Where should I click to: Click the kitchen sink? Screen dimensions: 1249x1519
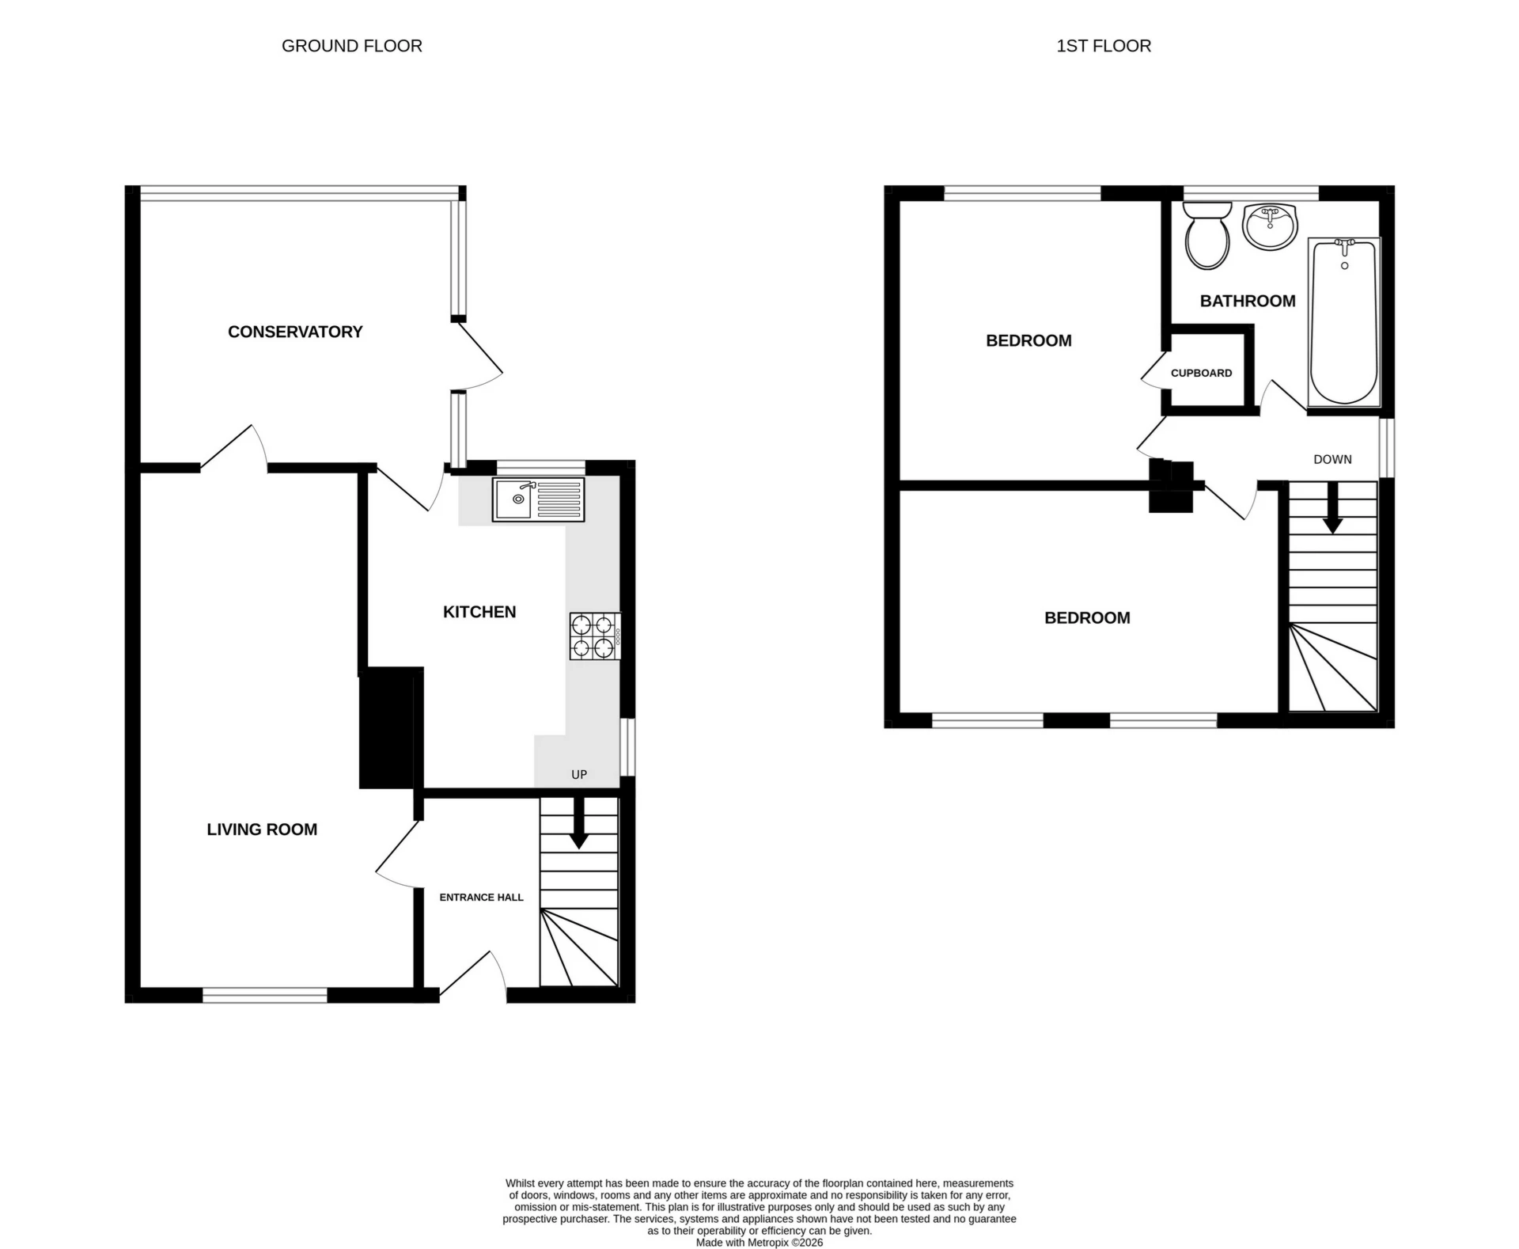[538, 499]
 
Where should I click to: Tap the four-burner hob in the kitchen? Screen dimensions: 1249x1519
[594, 636]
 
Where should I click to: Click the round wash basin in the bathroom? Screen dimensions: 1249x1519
[1270, 226]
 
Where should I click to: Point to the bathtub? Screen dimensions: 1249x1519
[1344, 323]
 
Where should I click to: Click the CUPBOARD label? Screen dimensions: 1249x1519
[1201, 373]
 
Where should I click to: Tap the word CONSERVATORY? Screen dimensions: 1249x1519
[295, 332]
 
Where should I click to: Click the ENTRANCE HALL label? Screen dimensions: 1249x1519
[481, 897]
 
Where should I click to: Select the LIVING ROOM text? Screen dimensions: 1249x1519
[262, 830]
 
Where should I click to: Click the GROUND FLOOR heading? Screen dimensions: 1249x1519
[352, 46]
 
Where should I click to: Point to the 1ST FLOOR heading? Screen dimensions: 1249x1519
[1104, 46]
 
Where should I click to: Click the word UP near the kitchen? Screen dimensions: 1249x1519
[579, 774]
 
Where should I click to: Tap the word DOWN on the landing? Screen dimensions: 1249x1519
[1332, 459]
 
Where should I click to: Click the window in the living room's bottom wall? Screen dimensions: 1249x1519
[265, 995]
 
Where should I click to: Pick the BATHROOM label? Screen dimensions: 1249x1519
[1248, 301]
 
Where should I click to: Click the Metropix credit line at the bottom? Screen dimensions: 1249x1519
[759, 1243]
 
